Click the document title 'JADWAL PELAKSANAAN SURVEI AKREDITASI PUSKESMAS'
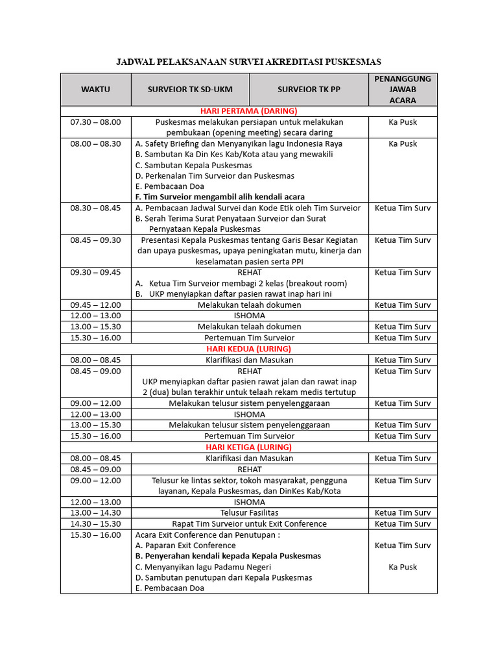click(248, 62)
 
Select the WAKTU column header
click(95, 89)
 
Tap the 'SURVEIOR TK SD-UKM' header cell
click(190, 89)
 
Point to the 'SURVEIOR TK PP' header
click(309, 89)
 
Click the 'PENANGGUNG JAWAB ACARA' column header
click(403, 89)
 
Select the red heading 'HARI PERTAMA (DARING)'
click(248, 111)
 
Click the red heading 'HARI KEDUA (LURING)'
click(248, 349)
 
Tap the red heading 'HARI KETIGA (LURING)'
click(248, 447)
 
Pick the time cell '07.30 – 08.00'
click(95, 122)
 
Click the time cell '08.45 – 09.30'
click(95, 240)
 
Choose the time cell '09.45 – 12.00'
click(95, 305)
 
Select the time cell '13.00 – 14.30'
click(95, 512)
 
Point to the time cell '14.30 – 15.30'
click(95, 523)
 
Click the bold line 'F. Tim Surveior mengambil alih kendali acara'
click(220, 197)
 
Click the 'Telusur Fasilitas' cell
click(249, 512)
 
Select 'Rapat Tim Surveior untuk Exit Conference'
click(249, 523)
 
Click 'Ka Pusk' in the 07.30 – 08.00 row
click(403, 122)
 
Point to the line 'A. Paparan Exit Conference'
click(185, 546)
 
